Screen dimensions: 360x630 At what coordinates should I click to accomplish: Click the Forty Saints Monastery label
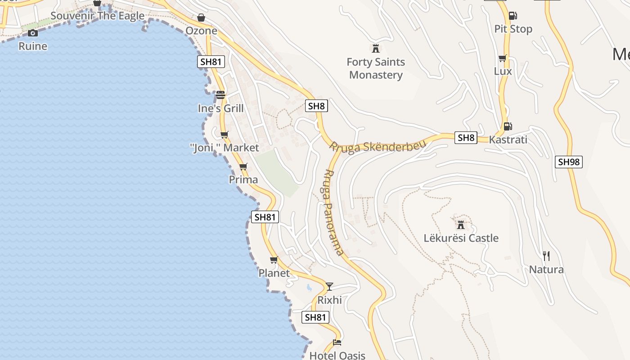(376, 68)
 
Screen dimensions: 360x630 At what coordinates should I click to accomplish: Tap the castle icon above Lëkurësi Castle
(461, 224)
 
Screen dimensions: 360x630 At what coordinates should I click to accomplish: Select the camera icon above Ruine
(32, 33)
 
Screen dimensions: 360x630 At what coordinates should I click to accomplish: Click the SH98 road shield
(569, 162)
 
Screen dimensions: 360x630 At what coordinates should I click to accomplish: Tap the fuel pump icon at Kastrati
(508, 126)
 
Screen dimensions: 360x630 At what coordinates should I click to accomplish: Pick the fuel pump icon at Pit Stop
(513, 16)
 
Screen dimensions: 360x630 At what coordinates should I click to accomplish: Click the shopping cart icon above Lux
(503, 58)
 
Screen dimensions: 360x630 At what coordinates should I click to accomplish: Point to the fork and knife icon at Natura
(546, 256)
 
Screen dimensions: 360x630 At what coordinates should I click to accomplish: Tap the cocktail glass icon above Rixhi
(329, 286)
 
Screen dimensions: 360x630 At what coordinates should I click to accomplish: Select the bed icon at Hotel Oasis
(337, 342)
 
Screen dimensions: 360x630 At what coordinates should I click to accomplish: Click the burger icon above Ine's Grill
(220, 94)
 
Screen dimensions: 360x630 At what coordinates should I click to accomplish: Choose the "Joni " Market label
(225, 148)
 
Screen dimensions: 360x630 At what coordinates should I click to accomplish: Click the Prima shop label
(243, 180)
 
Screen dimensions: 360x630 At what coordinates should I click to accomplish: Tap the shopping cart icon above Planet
(274, 260)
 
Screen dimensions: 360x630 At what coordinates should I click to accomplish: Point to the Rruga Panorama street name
(333, 212)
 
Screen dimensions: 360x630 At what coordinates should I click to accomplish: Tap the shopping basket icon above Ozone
(201, 18)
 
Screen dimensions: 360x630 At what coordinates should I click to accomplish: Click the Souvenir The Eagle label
(98, 16)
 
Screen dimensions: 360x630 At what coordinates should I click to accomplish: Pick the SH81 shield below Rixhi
(315, 317)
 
